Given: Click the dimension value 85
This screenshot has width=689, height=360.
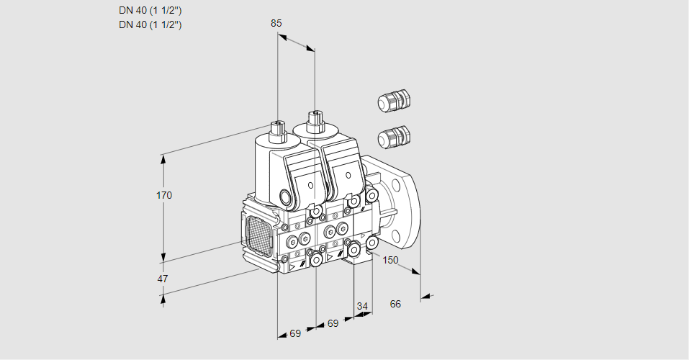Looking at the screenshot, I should (x=276, y=23).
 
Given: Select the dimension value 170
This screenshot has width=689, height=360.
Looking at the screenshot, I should (x=164, y=195).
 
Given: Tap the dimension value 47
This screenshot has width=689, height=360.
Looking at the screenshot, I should (x=163, y=279).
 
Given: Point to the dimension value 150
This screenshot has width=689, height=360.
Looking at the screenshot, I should (x=390, y=260).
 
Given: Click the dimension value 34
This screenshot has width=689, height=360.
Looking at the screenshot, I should (x=362, y=306).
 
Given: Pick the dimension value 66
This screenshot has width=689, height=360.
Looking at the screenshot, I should (x=395, y=304).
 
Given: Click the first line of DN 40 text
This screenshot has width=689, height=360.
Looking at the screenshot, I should (x=150, y=10).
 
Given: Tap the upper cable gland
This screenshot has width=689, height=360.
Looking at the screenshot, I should (x=393, y=102).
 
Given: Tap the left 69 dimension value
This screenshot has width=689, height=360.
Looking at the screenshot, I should (x=295, y=333).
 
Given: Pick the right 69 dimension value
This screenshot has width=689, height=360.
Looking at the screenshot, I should (x=332, y=324).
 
